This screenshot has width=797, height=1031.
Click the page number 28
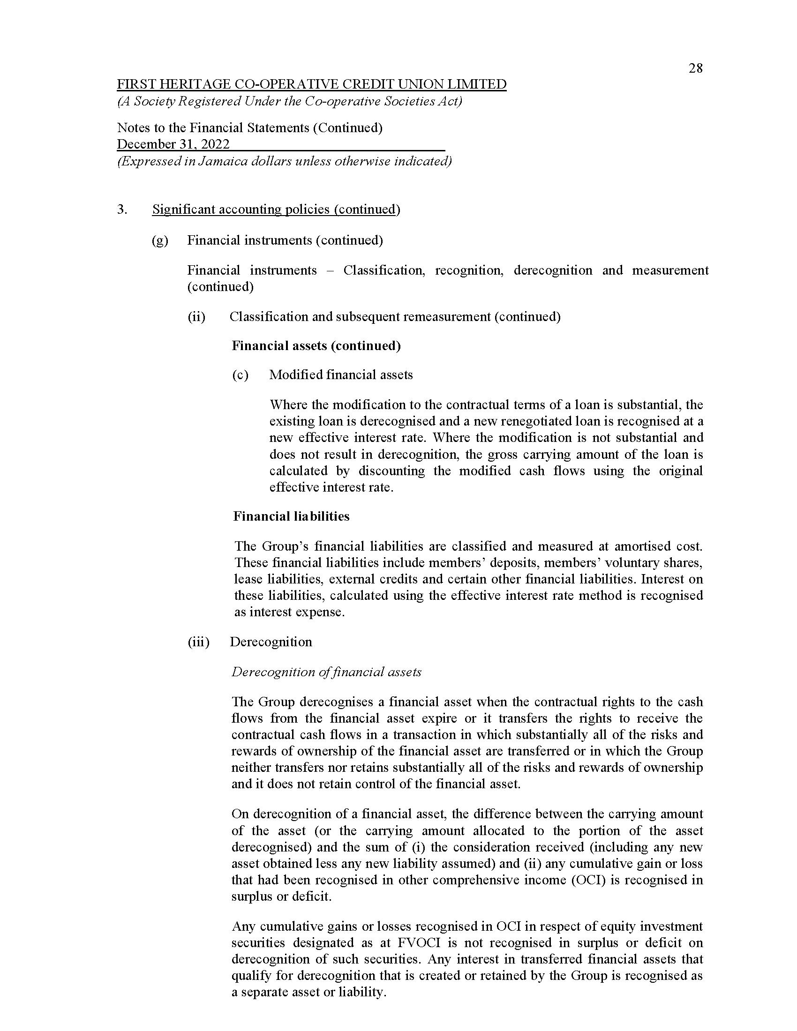(x=695, y=69)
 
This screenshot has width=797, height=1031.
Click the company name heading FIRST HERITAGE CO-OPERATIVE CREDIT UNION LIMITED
(x=312, y=84)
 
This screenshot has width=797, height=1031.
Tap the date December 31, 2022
(x=173, y=144)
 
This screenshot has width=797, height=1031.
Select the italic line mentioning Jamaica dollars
(x=284, y=162)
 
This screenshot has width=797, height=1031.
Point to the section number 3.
(x=122, y=209)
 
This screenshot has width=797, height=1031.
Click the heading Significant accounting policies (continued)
(x=276, y=209)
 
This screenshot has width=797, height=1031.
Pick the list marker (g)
(x=159, y=240)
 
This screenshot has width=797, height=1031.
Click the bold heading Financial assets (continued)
(x=316, y=346)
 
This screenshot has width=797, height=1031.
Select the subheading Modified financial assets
(x=341, y=375)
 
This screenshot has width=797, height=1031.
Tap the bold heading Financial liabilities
(x=291, y=516)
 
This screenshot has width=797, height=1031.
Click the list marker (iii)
(x=198, y=642)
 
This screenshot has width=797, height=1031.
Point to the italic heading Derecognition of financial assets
(x=326, y=672)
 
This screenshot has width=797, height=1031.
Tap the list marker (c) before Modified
(x=240, y=375)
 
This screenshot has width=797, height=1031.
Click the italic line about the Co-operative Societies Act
(x=289, y=102)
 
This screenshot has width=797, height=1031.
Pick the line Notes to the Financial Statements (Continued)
(x=250, y=127)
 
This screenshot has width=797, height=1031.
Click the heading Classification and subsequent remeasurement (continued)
(x=395, y=317)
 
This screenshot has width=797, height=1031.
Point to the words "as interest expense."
(x=289, y=613)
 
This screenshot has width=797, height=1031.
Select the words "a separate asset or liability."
(x=309, y=992)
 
